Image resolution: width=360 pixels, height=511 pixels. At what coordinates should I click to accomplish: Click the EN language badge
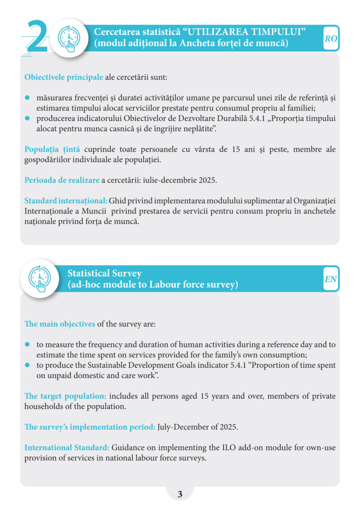pos(331,279)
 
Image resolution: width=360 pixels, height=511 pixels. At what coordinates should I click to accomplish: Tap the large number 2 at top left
pos(36,37)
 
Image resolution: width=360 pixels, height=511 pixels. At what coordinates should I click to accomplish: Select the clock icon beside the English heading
pos(40,278)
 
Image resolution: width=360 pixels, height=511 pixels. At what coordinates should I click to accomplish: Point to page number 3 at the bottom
pos(180,494)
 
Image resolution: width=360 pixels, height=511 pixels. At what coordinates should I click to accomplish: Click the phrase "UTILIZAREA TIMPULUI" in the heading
pos(247,32)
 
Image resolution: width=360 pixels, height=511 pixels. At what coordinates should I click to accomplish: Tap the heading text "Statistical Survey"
pos(105,273)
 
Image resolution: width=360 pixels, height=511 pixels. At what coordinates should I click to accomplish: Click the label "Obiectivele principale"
pos(63,78)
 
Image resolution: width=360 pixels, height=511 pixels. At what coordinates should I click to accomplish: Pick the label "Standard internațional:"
pos(66,201)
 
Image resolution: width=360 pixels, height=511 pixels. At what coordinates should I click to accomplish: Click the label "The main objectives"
pos(60,324)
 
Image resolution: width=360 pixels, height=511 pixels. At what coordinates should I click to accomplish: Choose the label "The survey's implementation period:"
pos(90,427)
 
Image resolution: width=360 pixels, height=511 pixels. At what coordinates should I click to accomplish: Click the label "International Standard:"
pos(67,448)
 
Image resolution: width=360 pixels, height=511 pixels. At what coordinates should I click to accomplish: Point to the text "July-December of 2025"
pos(197,427)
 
